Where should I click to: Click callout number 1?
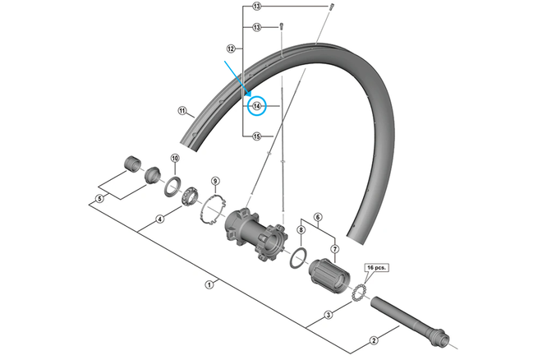(209, 284)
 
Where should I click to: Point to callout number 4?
(160, 219)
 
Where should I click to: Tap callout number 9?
(214, 181)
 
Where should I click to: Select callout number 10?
(174, 158)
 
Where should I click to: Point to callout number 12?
(231, 49)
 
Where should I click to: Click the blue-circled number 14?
(257, 105)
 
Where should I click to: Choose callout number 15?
(257, 136)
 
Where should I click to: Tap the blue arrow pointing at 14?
(239, 81)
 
